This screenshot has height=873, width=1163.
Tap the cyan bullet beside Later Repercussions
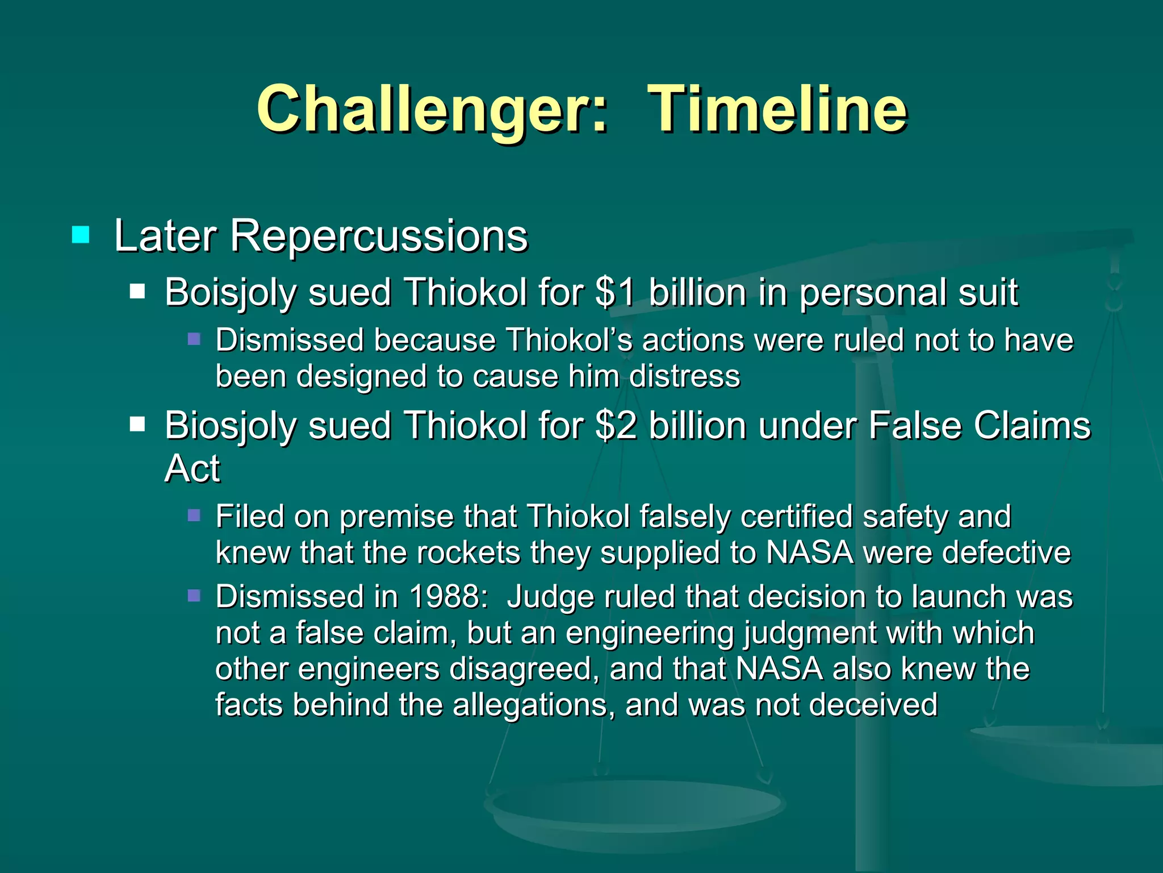pyautogui.click(x=81, y=235)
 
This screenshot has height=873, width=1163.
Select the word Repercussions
pyautogui.click(x=379, y=236)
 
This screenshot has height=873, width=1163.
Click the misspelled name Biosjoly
pyautogui.click(x=230, y=427)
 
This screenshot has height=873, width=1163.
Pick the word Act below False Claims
pyautogui.click(x=192, y=469)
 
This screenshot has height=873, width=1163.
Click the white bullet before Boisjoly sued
pyautogui.click(x=137, y=292)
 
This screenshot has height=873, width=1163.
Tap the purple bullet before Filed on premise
pyautogui.click(x=194, y=516)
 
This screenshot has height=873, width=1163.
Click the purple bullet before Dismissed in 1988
pyautogui.click(x=194, y=596)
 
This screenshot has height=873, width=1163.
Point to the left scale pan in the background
pyautogui.click(x=633, y=807)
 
